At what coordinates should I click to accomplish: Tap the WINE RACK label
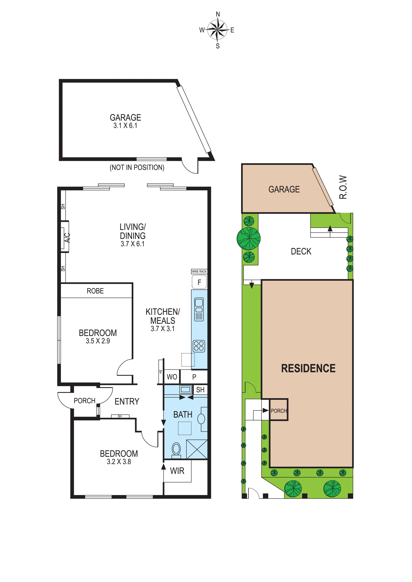pos(199,271)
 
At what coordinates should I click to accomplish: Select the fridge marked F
pos(199,282)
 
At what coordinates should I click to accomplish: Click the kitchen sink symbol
pos(199,309)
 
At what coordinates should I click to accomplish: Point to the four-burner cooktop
pos(199,346)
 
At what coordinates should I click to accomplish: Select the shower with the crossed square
pos(197,449)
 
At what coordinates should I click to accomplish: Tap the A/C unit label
pos(67,238)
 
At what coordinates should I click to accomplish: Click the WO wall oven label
pos(172,377)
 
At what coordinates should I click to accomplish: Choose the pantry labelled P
pos(194,377)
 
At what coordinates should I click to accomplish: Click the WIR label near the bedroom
pos(177,471)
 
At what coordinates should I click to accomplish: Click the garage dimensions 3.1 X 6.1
pos(125,125)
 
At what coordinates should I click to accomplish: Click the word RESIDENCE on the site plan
pos(308,368)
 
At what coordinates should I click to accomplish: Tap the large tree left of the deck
pos(249,238)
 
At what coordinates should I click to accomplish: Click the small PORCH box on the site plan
pos(279,411)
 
